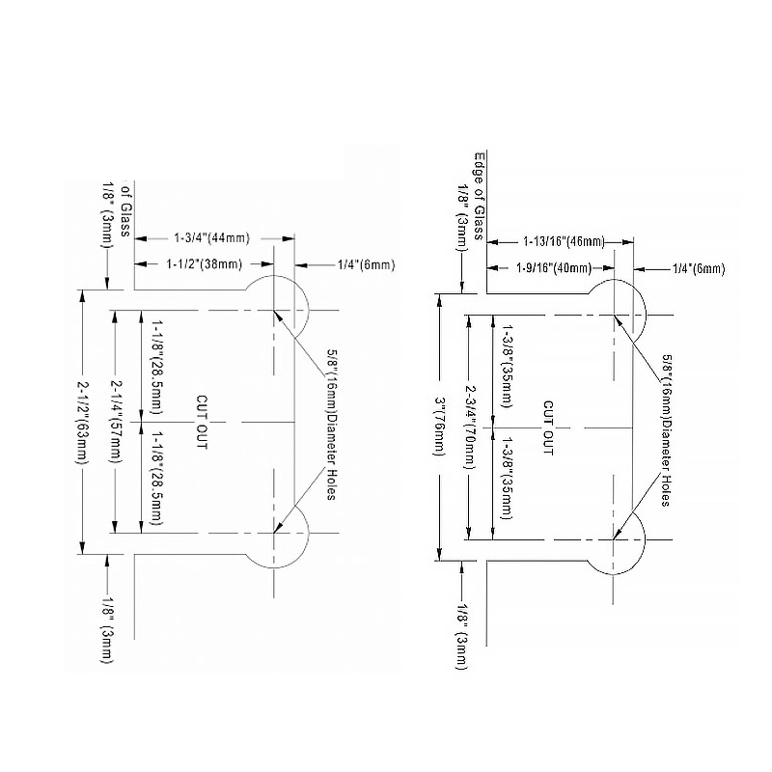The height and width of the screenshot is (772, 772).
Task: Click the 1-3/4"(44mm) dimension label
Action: pos(211,238)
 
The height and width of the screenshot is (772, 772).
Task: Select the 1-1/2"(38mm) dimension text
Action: pos(205,264)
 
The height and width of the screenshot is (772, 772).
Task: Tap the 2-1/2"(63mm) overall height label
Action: pos(82,422)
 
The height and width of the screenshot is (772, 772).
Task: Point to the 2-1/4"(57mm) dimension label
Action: pos(115,422)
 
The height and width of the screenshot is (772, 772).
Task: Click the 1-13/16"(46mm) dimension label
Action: pos(565,242)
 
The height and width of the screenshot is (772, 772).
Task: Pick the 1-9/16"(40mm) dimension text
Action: pos(554,268)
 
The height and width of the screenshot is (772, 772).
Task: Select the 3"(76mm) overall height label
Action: pos(439,427)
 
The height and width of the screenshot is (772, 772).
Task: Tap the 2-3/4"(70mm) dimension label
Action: pos(471,427)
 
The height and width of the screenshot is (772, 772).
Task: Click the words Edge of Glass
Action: pos(479,196)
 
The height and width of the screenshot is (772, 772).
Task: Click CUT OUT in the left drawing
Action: pos(202,422)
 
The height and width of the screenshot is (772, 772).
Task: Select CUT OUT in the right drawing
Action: pos(548,427)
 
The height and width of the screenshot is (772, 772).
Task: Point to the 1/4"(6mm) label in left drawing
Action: pos(367,265)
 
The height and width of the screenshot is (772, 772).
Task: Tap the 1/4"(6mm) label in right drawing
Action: pos(699,269)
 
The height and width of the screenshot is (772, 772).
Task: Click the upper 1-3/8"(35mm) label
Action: pos(506,366)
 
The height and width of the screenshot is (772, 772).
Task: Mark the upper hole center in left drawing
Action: pos(274,311)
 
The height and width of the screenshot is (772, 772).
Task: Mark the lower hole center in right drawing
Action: pos(613,539)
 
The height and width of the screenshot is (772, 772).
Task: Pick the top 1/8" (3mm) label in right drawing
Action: pos(463,216)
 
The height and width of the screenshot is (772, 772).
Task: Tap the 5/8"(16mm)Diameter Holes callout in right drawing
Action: pos(666,430)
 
